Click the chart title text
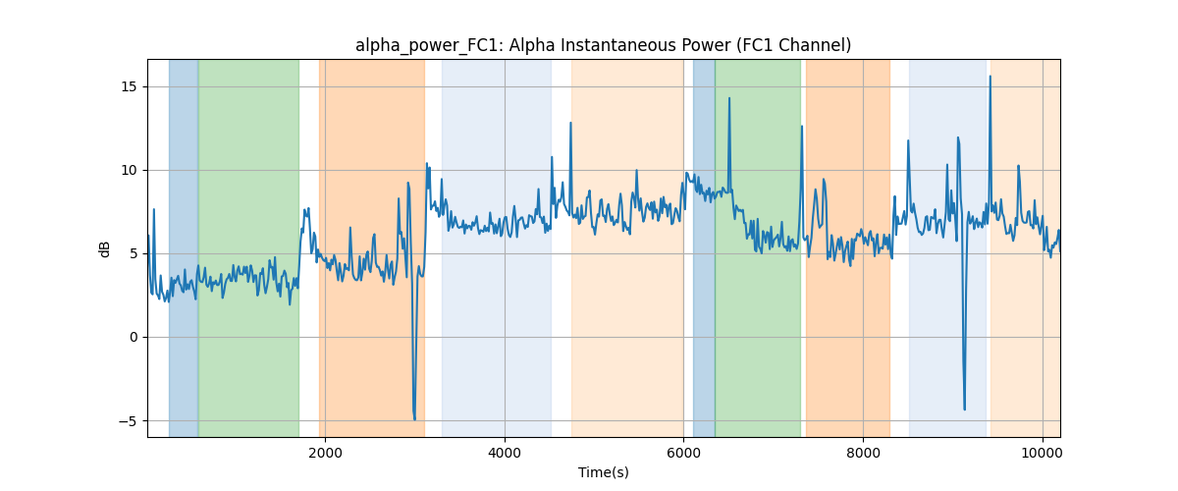(x=603, y=45)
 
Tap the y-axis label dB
(x=104, y=249)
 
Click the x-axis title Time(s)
(x=603, y=472)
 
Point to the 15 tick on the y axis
(x=129, y=86)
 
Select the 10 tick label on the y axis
(x=129, y=171)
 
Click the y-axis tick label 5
(x=134, y=253)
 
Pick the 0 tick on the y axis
(x=134, y=338)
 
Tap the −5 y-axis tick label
(x=128, y=421)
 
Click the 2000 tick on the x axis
(x=325, y=453)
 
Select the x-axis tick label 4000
(x=505, y=453)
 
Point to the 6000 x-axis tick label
(x=683, y=453)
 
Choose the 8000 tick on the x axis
(x=863, y=453)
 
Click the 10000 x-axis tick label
(x=1043, y=453)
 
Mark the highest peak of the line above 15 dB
(x=991, y=77)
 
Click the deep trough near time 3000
(x=414, y=419)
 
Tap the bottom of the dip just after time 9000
(x=964, y=409)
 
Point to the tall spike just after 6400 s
(x=729, y=98)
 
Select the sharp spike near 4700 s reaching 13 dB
(x=570, y=123)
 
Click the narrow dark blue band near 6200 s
(x=704, y=247)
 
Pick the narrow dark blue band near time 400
(x=184, y=247)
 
